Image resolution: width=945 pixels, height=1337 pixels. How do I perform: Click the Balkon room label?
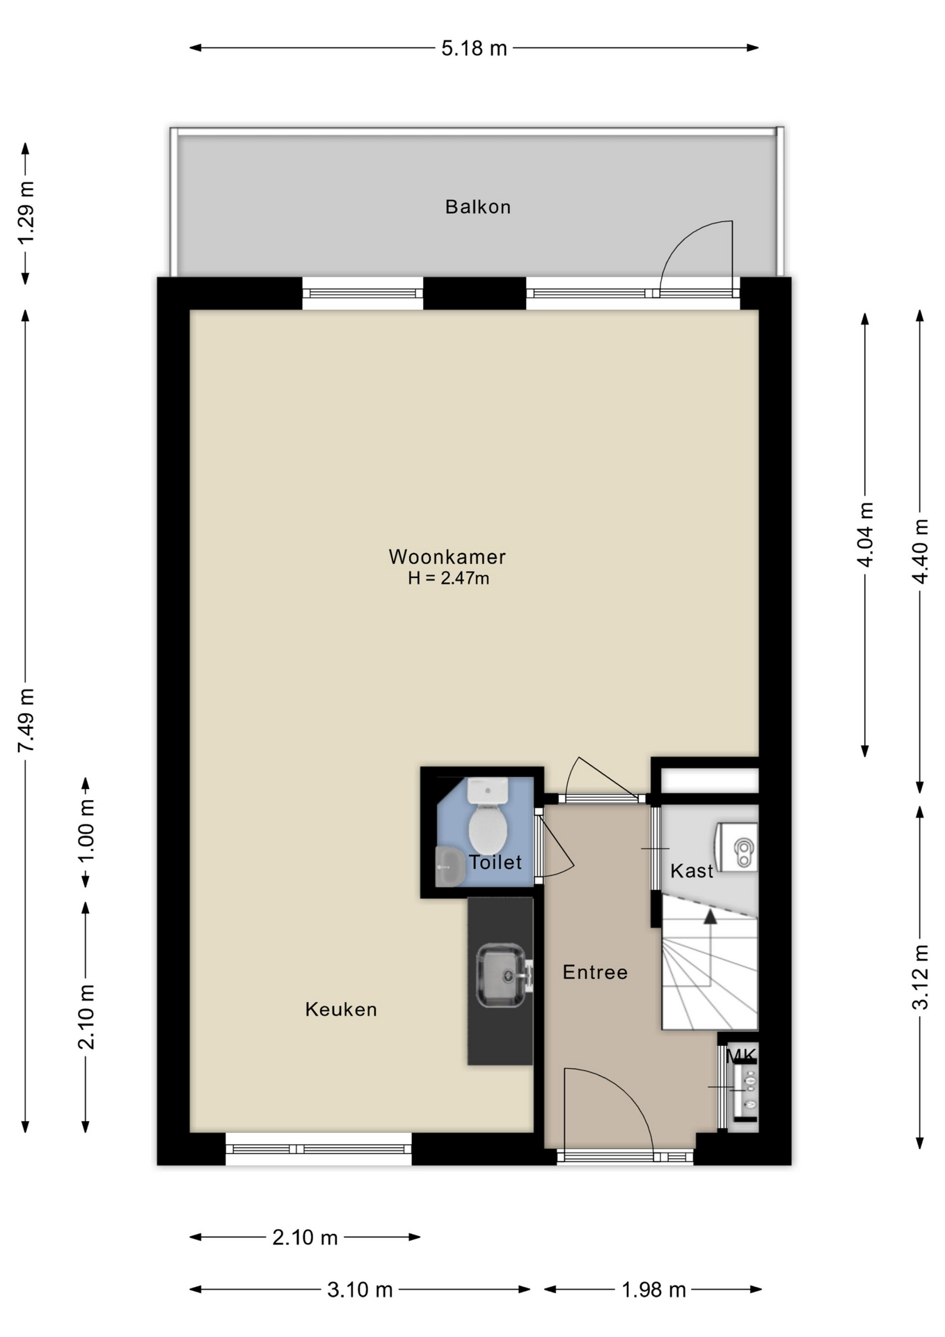tap(478, 207)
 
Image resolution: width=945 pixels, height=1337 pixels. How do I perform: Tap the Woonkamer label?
tap(447, 556)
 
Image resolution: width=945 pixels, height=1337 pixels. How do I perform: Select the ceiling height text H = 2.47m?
tap(448, 578)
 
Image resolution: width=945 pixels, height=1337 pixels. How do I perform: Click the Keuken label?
tap(341, 1009)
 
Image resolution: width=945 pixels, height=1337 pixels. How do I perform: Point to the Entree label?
tap(595, 972)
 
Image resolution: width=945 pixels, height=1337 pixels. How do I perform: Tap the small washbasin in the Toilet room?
tap(450, 866)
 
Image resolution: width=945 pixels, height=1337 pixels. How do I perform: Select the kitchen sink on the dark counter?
tap(502, 975)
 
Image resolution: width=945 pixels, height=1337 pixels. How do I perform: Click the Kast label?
tap(692, 870)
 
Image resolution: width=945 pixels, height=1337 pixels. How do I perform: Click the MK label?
tap(740, 1056)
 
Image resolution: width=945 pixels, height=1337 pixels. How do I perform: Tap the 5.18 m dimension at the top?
tap(475, 48)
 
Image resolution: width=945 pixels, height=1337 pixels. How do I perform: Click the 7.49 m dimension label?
tap(26, 720)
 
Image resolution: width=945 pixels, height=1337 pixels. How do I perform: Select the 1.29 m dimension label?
tap(26, 212)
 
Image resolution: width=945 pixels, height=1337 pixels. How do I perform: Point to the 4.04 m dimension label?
tap(865, 534)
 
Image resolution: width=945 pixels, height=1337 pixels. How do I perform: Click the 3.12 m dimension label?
tap(920, 977)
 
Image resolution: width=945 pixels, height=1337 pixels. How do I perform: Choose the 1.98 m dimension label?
tap(653, 1290)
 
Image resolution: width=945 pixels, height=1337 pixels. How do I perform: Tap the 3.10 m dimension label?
tap(360, 1290)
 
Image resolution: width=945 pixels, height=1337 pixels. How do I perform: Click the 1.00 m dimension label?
tap(86, 831)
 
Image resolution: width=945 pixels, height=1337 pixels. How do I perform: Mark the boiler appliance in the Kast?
tap(738, 847)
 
